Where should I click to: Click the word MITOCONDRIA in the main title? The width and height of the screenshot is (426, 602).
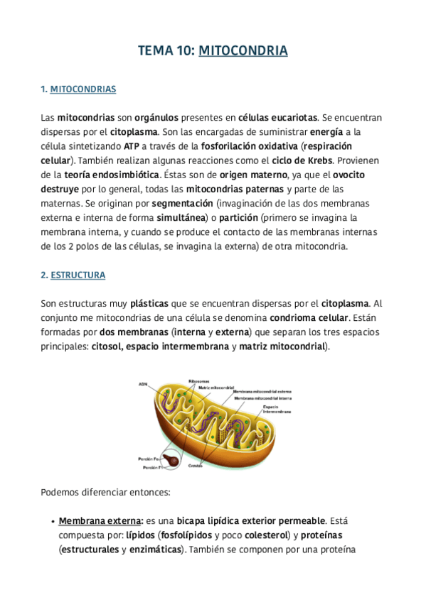(243, 50)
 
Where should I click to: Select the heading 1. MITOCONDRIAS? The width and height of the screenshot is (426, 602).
(78, 89)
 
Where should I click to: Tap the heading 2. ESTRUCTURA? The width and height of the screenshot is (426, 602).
(73, 275)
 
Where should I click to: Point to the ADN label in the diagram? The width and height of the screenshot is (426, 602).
(143, 384)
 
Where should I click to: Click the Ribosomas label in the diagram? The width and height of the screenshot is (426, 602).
(198, 381)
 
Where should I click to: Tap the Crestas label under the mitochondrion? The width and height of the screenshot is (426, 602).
(196, 466)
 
